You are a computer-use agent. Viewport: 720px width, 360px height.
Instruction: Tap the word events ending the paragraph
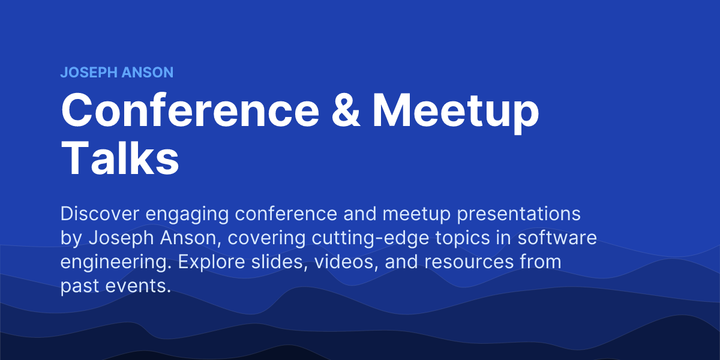click(142, 286)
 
